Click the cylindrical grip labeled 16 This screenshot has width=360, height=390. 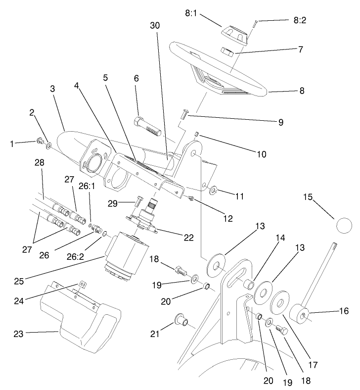pyautogui.click(x=299, y=314)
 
